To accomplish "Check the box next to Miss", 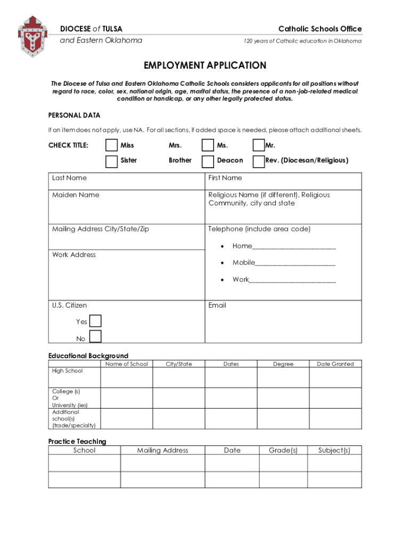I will (x=111, y=145).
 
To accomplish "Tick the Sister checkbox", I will (x=111, y=161).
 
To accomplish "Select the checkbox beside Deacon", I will (x=208, y=161).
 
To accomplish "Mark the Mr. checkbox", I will (x=258, y=145).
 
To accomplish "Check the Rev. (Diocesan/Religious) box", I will (x=258, y=161).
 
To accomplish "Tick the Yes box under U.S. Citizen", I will (x=95, y=321).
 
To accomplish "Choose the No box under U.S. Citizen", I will (x=95, y=336).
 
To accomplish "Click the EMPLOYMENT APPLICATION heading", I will (x=205, y=65).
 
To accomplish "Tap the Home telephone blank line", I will (x=294, y=247).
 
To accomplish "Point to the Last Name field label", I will (x=69, y=178).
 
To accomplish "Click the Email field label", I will (x=217, y=305).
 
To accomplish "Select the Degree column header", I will (x=283, y=364).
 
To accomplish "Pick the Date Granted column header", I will (x=335, y=364).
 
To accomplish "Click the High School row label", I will (x=68, y=371).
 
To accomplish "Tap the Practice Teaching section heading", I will (x=77, y=441).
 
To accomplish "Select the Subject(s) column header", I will (x=334, y=450).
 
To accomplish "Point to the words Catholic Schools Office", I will (x=320, y=29).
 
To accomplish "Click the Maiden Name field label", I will (x=76, y=195).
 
